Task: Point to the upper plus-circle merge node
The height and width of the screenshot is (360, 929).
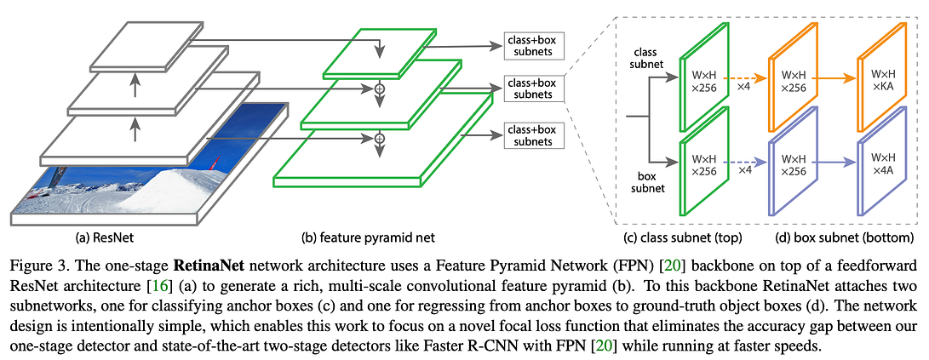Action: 380,87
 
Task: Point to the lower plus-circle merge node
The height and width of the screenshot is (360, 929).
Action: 380,137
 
